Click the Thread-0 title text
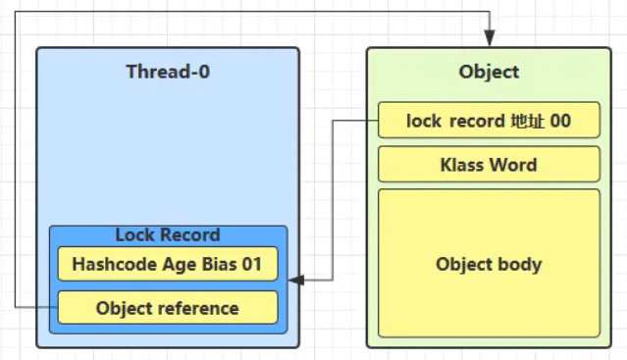click(x=167, y=72)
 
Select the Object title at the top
click(x=489, y=72)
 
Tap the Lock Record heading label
click(x=167, y=235)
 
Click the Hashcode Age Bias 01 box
click(x=167, y=264)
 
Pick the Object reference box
click(x=167, y=308)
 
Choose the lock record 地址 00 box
click(x=489, y=121)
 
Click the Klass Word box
click(x=489, y=165)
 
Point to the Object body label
click(x=489, y=265)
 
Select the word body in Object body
click(x=520, y=265)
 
